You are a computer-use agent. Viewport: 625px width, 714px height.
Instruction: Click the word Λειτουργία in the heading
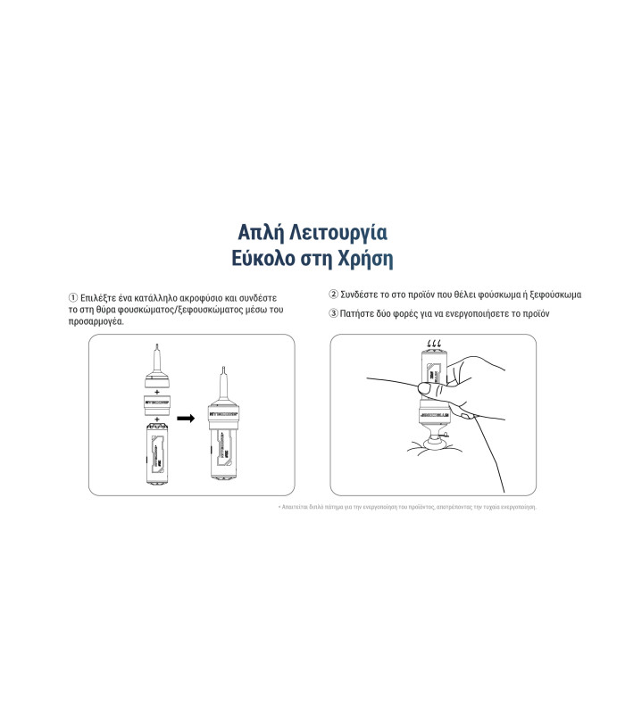[344, 233]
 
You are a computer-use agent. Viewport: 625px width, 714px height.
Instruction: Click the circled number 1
[73, 297]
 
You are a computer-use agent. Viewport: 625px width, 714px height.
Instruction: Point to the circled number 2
[334, 294]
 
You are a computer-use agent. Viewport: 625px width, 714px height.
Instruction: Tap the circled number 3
[334, 313]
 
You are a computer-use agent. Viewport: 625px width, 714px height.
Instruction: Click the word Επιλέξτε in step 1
[100, 297]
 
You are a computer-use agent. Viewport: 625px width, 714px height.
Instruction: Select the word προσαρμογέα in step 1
[96, 321]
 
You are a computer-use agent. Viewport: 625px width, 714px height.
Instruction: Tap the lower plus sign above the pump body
[157, 419]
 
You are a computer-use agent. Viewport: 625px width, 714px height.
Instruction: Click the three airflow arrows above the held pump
[435, 344]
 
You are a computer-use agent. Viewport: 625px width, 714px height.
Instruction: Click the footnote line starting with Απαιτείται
[407, 507]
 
